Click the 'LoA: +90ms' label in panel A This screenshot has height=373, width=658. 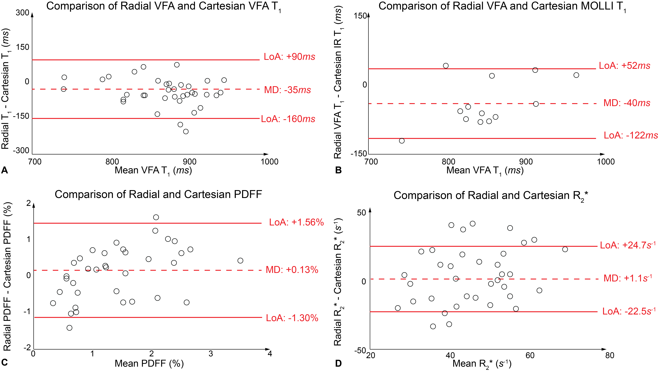point(289,57)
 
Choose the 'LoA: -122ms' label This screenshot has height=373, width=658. point(630,135)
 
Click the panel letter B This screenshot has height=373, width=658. point(338,170)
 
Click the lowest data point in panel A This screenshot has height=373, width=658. point(186,131)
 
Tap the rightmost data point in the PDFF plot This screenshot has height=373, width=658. point(240,261)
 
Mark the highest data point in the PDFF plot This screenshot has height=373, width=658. point(156,217)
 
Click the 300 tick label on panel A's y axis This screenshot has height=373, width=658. point(23,13)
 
